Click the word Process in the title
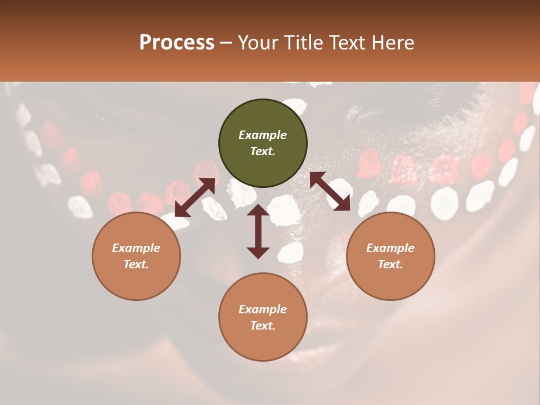coord(177,42)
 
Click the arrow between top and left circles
coord(195,197)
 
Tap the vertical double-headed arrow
coord(258,231)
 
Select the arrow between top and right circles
coord(330,191)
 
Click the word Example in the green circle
coord(263,135)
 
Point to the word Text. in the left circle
coord(136,264)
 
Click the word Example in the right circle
coord(390,248)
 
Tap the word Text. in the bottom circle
coord(263,326)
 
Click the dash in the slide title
coord(226,43)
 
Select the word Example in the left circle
coord(136,248)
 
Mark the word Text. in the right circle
coord(390,264)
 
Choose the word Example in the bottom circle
coord(263,309)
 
